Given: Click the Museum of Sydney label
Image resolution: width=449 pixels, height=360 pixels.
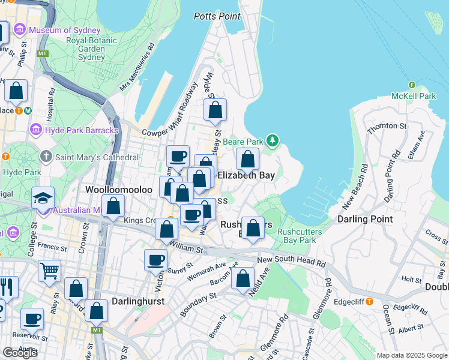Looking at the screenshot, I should click(59, 30).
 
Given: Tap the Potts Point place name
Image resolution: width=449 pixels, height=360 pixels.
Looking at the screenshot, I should click(217, 16).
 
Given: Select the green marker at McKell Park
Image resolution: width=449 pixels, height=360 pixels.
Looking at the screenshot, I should click(412, 85).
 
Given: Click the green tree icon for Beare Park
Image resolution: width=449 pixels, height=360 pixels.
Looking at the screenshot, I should click(273, 140).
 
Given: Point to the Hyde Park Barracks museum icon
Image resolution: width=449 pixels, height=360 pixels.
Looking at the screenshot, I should click(35, 130).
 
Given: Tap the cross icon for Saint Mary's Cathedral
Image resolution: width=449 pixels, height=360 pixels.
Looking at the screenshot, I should click(46, 157).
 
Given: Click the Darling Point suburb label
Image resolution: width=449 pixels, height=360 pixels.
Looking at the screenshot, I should click(364, 219).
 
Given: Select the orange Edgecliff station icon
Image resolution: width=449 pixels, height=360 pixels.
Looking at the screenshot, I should click(370, 302).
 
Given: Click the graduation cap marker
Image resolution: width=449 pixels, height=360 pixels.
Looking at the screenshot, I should click(43, 198).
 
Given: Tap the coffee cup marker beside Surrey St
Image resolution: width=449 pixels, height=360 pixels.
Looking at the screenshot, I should click(155, 260).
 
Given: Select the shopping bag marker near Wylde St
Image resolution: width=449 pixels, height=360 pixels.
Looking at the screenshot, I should click(215, 110).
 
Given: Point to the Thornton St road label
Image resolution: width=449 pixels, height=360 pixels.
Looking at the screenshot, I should click(387, 125).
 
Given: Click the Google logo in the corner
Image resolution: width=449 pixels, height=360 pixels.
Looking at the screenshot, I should click(20, 352).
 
